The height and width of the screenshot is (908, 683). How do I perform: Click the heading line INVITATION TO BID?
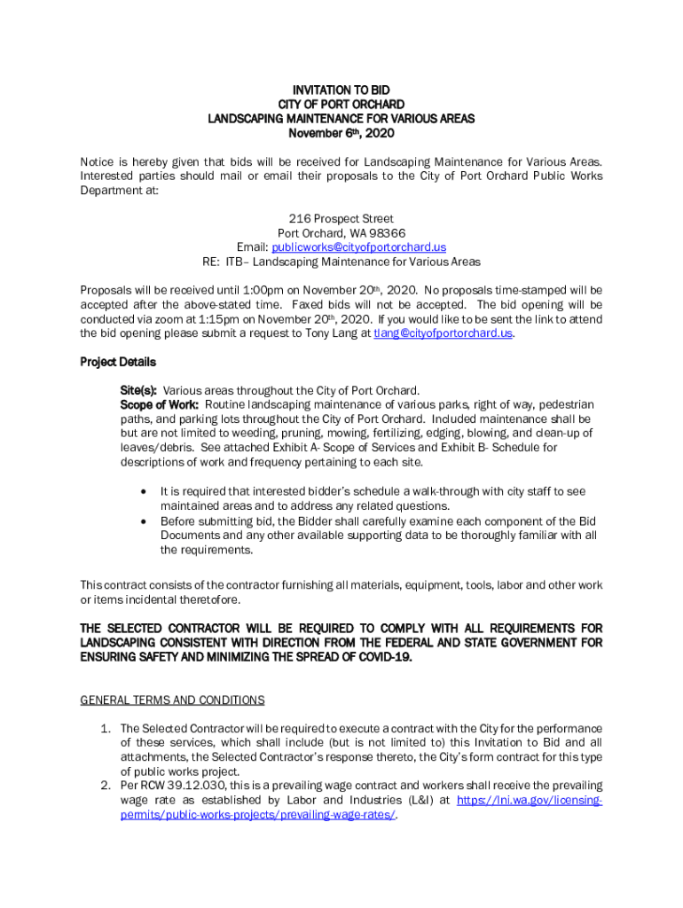[341, 90]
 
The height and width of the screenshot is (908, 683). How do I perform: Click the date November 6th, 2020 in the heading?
[341, 133]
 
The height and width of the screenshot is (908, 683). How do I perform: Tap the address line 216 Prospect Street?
[341, 218]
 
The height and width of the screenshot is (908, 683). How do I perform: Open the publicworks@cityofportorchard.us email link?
[358, 247]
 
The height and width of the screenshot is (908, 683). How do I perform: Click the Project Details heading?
[118, 362]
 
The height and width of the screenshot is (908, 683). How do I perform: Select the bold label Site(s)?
[139, 390]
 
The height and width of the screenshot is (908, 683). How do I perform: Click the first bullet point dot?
[143, 491]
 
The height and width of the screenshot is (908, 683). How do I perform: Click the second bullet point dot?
[143, 521]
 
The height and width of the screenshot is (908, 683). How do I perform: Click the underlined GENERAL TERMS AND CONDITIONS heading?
[172, 701]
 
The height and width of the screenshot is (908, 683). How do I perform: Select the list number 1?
[105, 729]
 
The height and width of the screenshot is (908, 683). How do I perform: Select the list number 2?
[105, 786]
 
